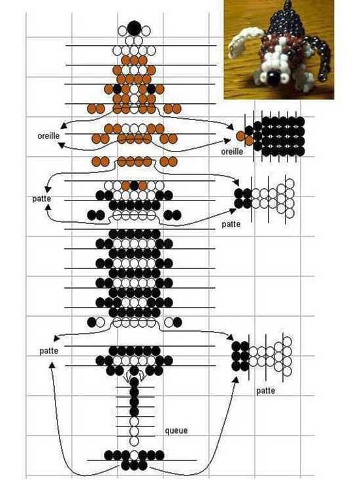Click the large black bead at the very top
pyautogui.click(x=134, y=28)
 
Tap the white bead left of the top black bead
pyautogui.click(x=122, y=31)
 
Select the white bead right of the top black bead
pyautogui.click(x=146, y=31)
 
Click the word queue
pyautogui.click(x=176, y=431)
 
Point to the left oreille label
pyautogui.click(x=48, y=135)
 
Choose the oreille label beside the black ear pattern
pyautogui.click(x=232, y=152)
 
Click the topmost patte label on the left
pyautogui.click(x=41, y=199)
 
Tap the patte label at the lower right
pyautogui.click(x=266, y=391)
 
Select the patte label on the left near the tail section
pyautogui.click(x=49, y=351)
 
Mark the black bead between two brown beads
pyautogui.click(x=134, y=185)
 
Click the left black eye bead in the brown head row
pyautogui.click(x=118, y=89)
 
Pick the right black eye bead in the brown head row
pyautogui.click(x=151, y=89)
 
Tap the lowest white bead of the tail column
pyautogui.click(x=134, y=441)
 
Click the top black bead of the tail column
pyautogui.click(x=134, y=382)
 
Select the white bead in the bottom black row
pyautogui.click(x=134, y=455)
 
